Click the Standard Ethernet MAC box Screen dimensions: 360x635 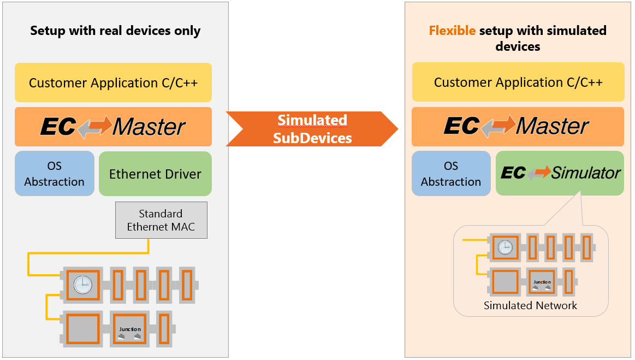click(x=161, y=220)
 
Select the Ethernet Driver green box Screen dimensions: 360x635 click(x=155, y=174)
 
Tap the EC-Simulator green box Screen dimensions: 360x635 click(x=560, y=173)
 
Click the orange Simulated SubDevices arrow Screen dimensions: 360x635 click(x=312, y=129)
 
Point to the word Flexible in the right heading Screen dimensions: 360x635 click(x=452, y=30)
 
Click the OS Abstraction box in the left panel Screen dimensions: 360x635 click(x=55, y=174)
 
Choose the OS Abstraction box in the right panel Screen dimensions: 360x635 click(x=451, y=174)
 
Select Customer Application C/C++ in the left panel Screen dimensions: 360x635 click(x=113, y=83)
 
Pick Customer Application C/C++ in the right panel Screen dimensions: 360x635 click(x=518, y=82)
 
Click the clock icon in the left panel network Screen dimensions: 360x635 click(x=83, y=285)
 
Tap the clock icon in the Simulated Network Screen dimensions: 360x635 click(x=505, y=247)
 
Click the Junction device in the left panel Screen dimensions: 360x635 click(x=130, y=329)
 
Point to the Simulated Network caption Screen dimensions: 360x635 click(x=530, y=305)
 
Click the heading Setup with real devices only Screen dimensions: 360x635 click(x=115, y=31)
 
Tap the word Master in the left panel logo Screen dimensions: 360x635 click(x=149, y=127)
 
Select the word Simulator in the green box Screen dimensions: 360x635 click(x=586, y=173)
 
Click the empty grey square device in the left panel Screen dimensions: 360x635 click(x=83, y=329)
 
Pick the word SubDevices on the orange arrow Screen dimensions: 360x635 click(x=312, y=138)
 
